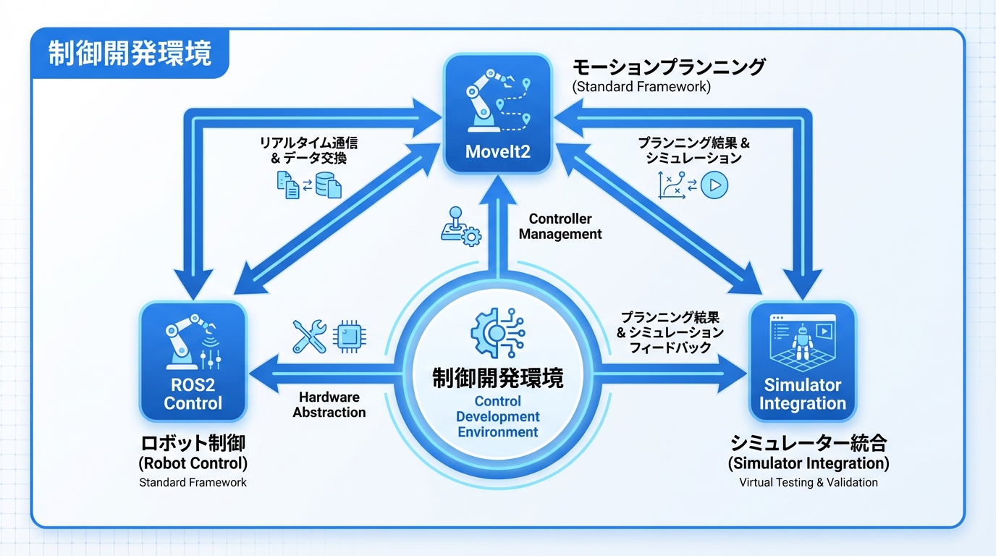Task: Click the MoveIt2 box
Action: coord(498,114)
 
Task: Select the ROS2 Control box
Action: coord(193,361)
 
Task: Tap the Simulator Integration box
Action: coord(802,361)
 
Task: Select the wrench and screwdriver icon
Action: coord(309,337)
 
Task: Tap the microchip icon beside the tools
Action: coord(350,337)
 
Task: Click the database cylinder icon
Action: coord(329,185)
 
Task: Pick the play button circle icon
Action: coord(714,185)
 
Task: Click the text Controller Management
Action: coord(560,227)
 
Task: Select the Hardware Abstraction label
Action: coord(329,405)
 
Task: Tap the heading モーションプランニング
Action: coord(669,67)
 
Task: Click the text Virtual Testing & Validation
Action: coord(809,482)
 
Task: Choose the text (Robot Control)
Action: coord(193,463)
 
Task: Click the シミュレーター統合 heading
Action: coord(809,442)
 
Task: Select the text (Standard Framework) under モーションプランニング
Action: coord(641,87)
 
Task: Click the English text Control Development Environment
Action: coord(498,417)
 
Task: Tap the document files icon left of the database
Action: coord(288,185)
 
